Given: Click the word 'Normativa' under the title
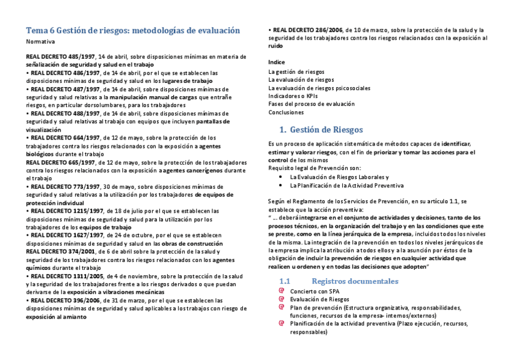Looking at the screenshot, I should [x=40, y=41].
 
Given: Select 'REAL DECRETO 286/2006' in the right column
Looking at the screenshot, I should [x=308, y=29].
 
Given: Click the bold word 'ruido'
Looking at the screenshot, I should [x=275, y=46].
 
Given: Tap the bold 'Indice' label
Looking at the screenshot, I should [x=277, y=63].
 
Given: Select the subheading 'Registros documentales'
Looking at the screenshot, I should [x=355, y=281].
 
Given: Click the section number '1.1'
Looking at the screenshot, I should [x=286, y=281].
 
